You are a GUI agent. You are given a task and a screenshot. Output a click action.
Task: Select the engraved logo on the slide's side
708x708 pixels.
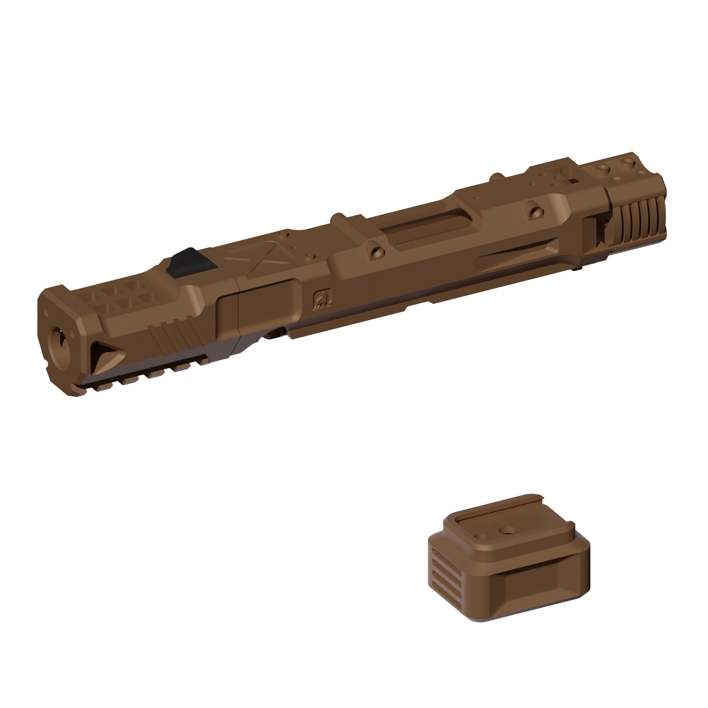(319, 298)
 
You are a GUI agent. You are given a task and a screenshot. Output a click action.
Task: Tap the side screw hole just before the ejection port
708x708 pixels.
(376, 252)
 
